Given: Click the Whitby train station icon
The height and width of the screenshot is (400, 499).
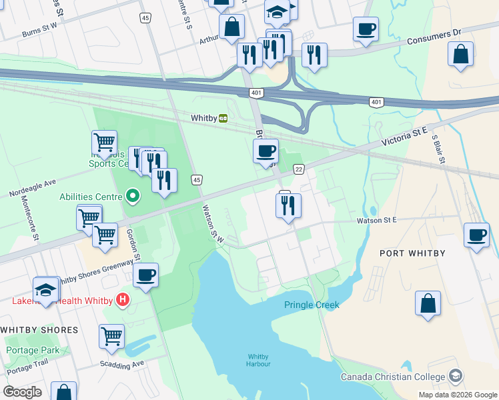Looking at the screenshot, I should click(223, 118).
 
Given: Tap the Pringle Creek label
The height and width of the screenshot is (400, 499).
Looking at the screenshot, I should click(312, 305).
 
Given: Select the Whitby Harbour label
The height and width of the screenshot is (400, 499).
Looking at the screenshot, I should click(259, 359).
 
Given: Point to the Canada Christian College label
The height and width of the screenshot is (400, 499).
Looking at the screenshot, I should click(392, 377).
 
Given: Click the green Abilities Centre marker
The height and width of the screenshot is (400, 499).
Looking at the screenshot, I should click(133, 196).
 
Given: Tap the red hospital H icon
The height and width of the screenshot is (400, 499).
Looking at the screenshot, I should click(122, 300).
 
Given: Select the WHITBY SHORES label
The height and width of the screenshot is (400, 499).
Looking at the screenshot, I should click(39, 330).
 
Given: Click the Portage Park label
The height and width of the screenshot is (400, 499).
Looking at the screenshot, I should click(32, 350).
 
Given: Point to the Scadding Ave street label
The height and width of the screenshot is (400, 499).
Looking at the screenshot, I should click(122, 364).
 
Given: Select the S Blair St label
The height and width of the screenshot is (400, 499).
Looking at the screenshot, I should click(439, 151).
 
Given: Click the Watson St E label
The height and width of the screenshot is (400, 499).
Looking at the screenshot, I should click(376, 219).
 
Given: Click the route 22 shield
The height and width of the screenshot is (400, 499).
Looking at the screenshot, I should click(298, 169).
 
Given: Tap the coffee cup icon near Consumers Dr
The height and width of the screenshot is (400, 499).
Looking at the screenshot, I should click(365, 29).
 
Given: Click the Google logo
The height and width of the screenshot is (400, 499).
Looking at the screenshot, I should click(22, 392).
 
